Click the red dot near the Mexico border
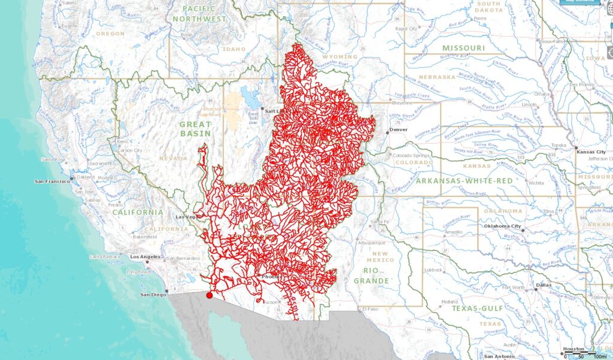coord(209,295)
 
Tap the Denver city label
coord(398,129)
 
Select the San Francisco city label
coord(53,180)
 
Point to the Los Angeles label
coord(145,256)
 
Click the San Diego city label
coord(153,294)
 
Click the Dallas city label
coord(544,285)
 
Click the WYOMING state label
coord(339,57)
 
